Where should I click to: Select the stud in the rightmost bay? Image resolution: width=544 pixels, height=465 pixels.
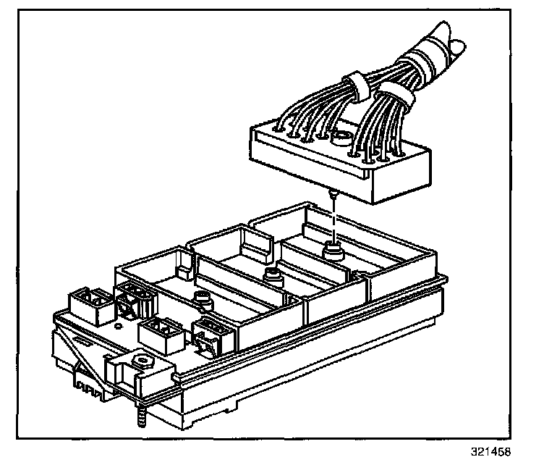click(332, 251)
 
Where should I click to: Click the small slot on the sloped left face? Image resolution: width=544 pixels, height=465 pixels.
click(84, 340)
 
